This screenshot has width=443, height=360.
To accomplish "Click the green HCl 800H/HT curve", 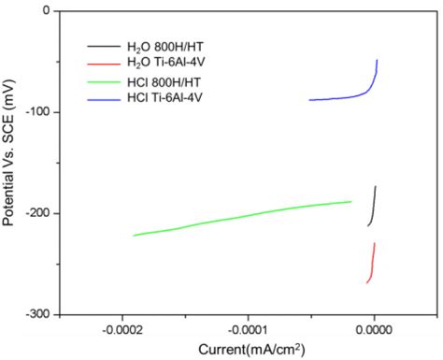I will pos(243,216).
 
